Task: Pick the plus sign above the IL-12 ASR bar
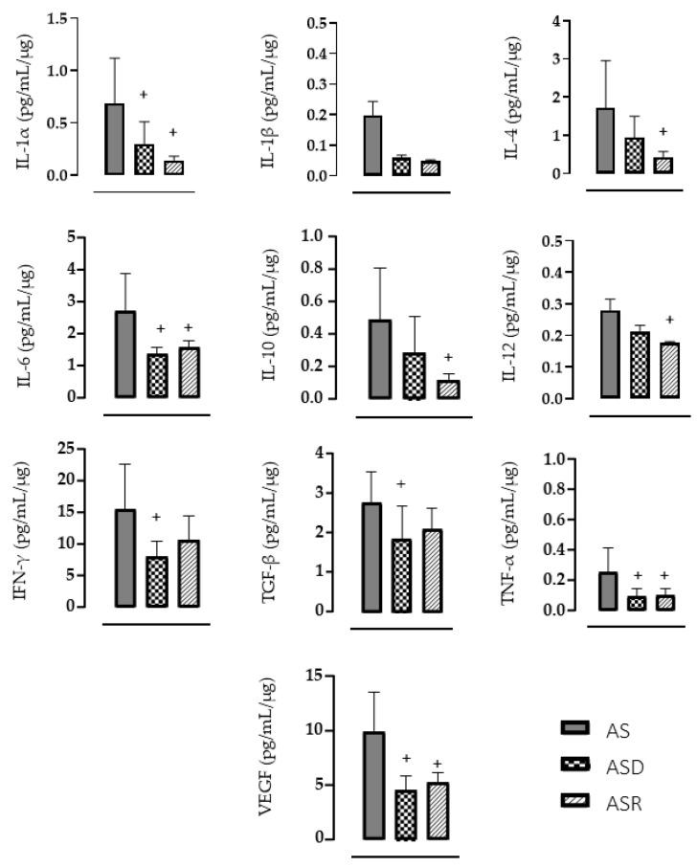(x=669, y=320)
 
